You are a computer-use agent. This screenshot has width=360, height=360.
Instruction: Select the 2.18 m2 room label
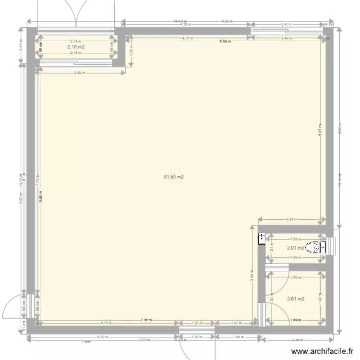(76, 47)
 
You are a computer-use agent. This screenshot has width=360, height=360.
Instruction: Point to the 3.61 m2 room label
(296, 299)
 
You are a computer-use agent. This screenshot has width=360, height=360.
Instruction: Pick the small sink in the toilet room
(262, 239)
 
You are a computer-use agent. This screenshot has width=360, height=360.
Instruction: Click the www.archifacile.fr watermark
(324, 351)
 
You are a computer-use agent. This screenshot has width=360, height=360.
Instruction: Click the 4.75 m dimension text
(107, 323)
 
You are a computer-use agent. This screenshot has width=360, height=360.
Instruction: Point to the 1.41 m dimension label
(236, 323)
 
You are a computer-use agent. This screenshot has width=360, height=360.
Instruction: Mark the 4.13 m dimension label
(187, 38)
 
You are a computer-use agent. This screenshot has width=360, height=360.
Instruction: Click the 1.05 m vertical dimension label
(132, 49)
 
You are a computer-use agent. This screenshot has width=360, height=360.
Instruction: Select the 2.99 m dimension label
(80, 73)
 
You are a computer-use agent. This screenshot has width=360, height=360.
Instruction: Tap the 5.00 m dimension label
(102, 337)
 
